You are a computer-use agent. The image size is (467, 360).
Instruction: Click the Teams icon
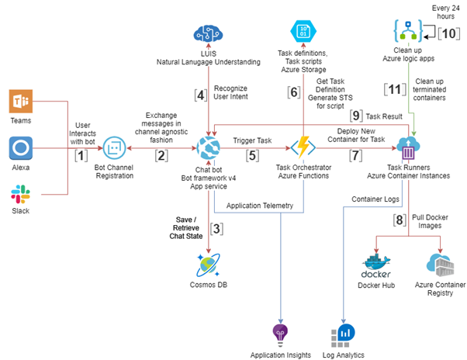20,102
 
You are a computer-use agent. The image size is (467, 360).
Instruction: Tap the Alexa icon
20,147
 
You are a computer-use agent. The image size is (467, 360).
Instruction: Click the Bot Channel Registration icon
114,147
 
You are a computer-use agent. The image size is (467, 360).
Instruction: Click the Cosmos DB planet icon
210,264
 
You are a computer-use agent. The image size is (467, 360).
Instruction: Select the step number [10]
448,33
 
